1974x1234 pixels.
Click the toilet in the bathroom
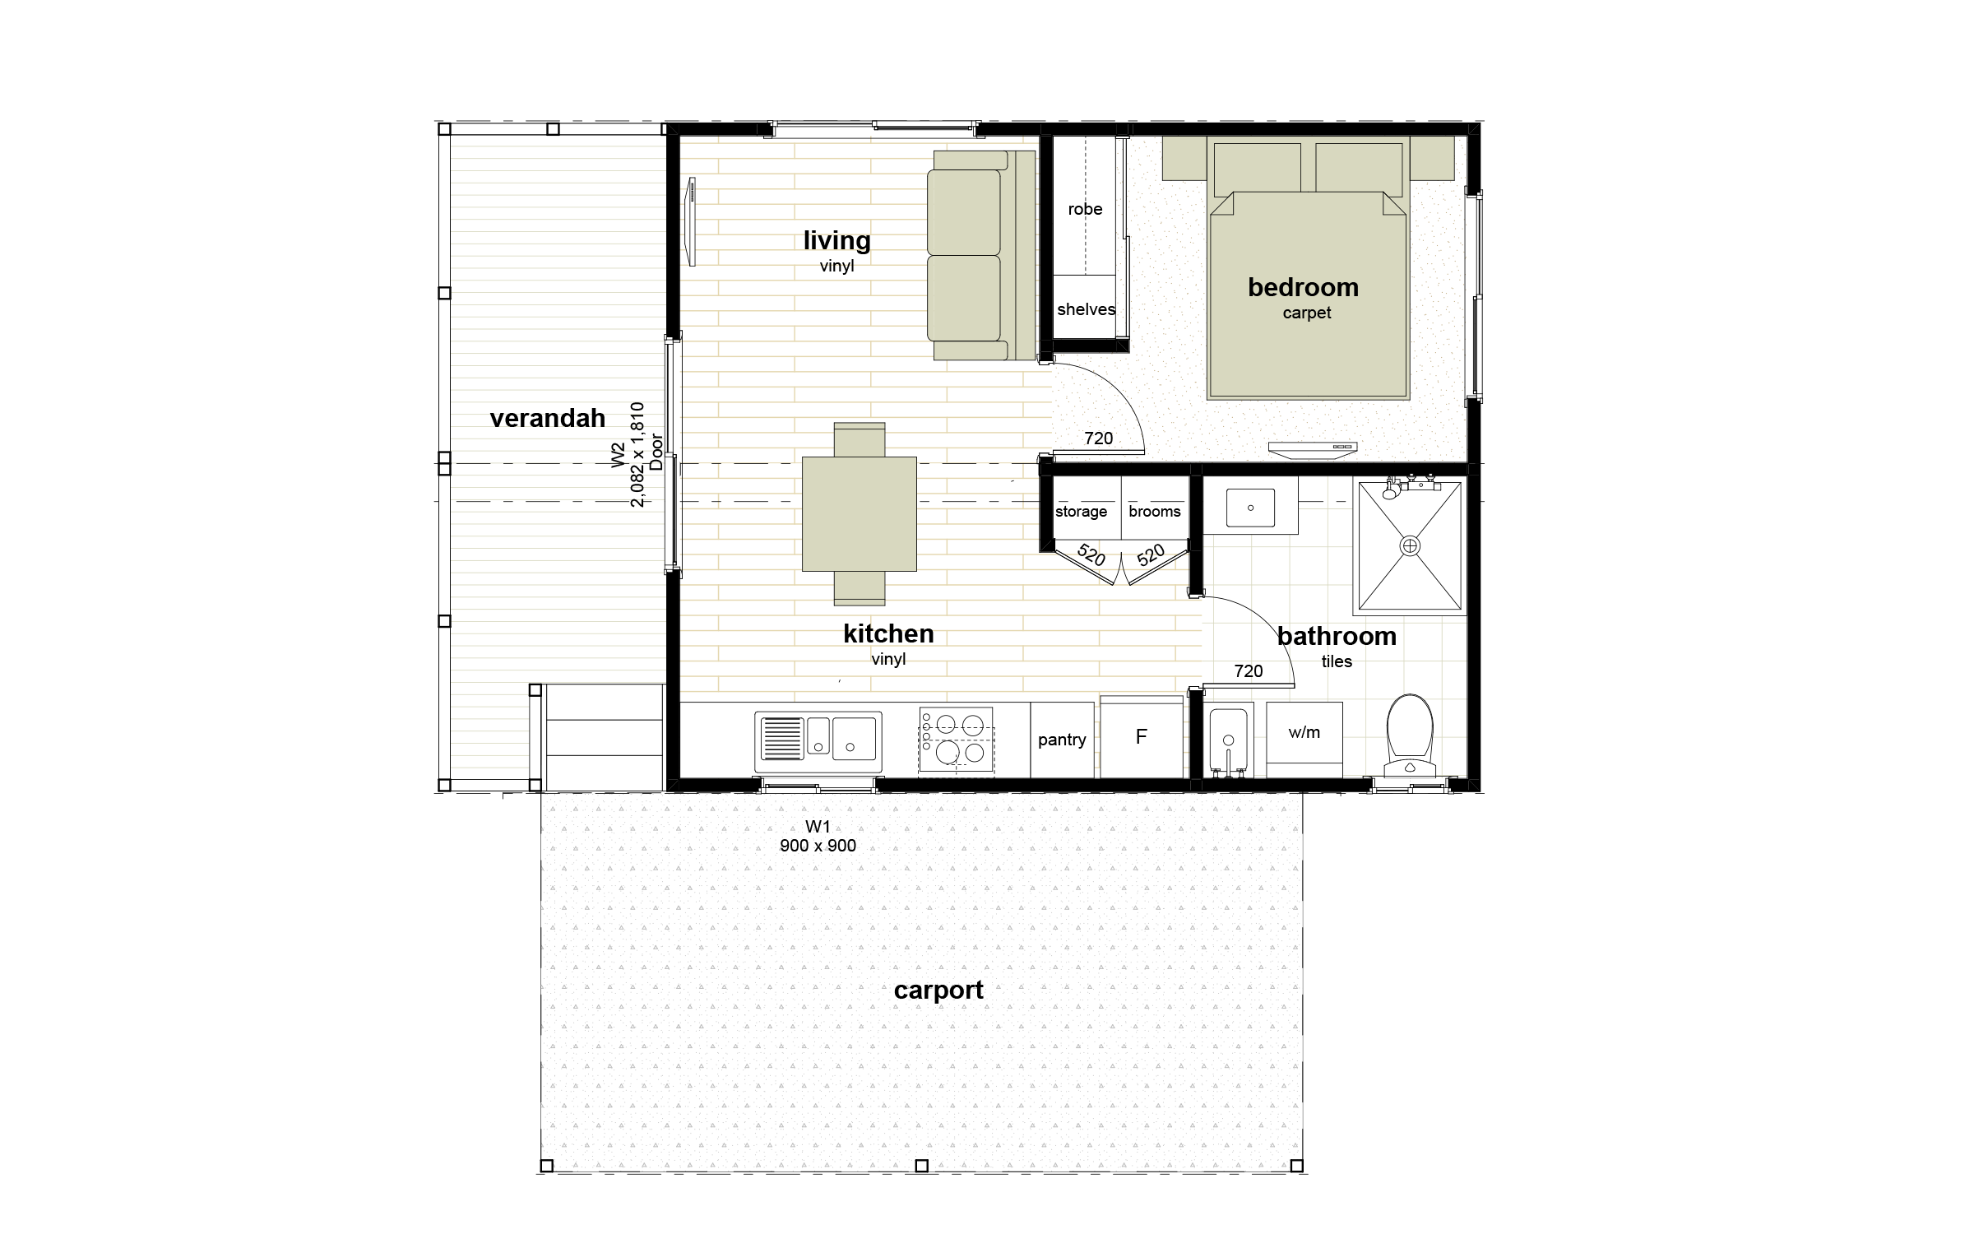pyautogui.click(x=1410, y=735)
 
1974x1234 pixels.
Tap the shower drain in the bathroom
pyautogui.click(x=1410, y=545)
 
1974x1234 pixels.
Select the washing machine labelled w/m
pyautogui.click(x=1304, y=740)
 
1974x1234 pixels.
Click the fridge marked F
pyautogui.click(x=1142, y=737)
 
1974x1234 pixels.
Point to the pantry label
pyautogui.click(x=1062, y=740)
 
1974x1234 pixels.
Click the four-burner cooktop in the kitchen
pyautogui.click(x=956, y=740)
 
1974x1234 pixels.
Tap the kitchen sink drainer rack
pyautogui.click(x=781, y=738)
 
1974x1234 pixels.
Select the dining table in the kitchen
pyautogui.click(x=860, y=514)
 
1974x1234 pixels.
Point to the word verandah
pyautogui.click(x=548, y=419)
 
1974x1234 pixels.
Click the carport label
pyautogui.click(x=938, y=990)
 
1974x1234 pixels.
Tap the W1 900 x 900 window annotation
pyautogui.click(x=818, y=837)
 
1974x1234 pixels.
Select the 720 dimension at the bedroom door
pyautogui.click(x=1099, y=438)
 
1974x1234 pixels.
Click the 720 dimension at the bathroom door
pyautogui.click(x=1249, y=671)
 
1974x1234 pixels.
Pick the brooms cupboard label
pyautogui.click(x=1155, y=512)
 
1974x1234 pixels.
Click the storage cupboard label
pyautogui.click(x=1081, y=512)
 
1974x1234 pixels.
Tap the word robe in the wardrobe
pyautogui.click(x=1085, y=210)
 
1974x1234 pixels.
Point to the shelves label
pyautogui.click(x=1087, y=309)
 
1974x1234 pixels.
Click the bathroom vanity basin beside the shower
pyautogui.click(x=1250, y=508)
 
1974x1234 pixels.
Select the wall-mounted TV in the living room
pyautogui.click(x=692, y=222)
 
